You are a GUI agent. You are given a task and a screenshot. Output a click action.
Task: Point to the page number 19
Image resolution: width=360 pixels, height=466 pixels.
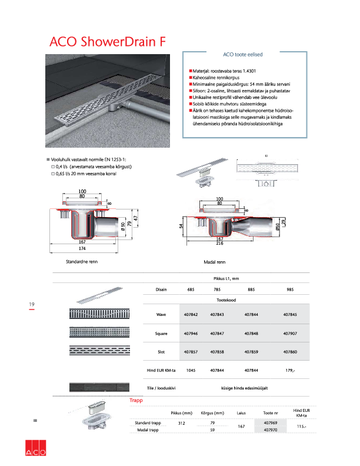pyautogui.click(x=32, y=304)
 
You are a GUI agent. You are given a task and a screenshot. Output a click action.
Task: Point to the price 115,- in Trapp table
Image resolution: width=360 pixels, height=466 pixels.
pyautogui.click(x=302, y=426)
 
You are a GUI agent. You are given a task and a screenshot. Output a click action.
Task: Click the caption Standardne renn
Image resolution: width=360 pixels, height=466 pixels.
pyautogui.click(x=82, y=259)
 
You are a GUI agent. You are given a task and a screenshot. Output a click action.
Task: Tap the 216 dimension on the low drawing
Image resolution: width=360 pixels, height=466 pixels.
pyautogui.click(x=219, y=243)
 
